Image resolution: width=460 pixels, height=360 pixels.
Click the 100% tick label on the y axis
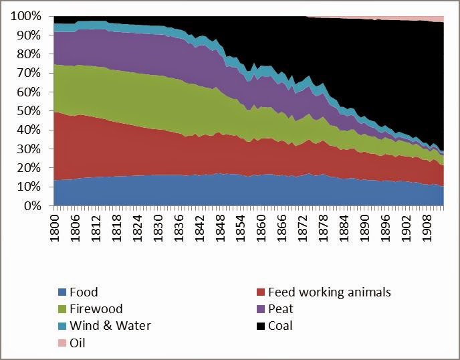tap(26, 16)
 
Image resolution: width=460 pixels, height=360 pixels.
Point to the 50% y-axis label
tap(29, 111)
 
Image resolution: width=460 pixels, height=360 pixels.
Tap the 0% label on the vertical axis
tap(32, 206)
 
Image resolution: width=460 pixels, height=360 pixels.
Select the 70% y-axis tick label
tap(29, 73)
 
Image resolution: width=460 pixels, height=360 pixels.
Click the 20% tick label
tap(29, 168)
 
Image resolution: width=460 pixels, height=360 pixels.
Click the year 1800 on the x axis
tap(54, 228)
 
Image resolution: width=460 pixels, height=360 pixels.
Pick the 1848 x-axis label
tap(220, 228)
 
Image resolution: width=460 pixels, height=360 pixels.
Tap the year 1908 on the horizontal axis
tap(427, 228)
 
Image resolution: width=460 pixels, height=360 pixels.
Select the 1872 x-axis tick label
tap(302, 228)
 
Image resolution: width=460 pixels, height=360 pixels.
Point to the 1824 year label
tap(137, 228)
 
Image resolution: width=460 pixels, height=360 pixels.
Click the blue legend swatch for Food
tap(62, 292)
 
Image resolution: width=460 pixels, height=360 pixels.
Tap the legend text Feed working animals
tap(330, 292)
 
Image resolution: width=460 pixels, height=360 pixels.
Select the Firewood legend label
tap(96, 309)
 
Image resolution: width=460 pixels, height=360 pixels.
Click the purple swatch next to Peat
tap(261, 309)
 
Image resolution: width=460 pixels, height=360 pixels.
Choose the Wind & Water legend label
tap(110, 326)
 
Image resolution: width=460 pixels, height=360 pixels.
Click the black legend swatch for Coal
tap(261, 326)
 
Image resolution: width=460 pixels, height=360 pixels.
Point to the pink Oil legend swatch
tap(62, 343)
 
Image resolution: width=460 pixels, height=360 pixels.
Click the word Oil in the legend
tap(78, 343)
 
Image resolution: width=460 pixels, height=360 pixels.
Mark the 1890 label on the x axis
tap(364, 228)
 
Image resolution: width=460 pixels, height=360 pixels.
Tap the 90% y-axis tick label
tap(29, 35)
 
